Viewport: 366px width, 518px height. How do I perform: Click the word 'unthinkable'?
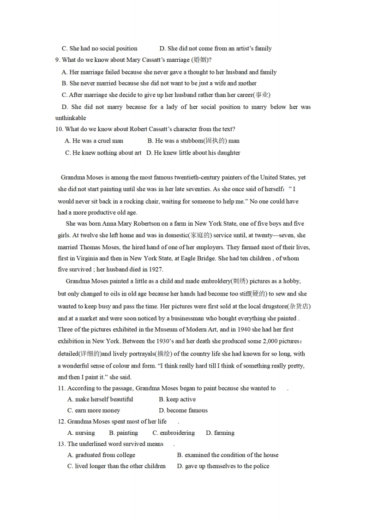(71, 118)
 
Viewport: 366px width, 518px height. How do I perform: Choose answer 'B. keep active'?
(177, 399)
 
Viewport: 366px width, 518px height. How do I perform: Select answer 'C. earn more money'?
(94, 410)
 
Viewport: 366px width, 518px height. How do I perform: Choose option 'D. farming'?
(220, 433)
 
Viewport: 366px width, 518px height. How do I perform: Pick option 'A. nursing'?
(81, 433)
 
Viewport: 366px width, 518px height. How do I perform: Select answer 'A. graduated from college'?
(102, 455)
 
